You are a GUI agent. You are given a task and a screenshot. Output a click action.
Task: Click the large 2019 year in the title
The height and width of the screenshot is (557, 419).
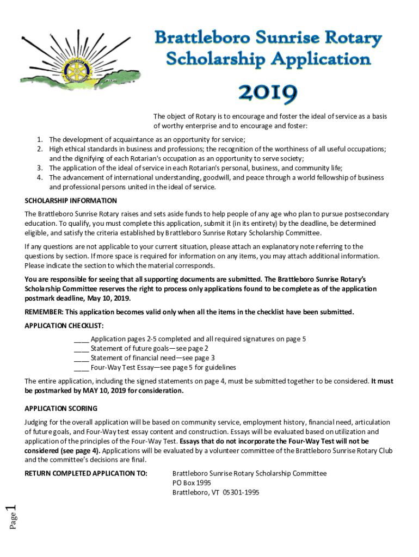tap(267, 94)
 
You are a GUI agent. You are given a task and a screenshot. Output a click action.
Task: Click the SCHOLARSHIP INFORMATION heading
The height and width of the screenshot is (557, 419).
tap(71, 201)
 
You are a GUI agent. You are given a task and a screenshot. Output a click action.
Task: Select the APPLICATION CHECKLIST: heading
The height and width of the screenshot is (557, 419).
tap(64, 325)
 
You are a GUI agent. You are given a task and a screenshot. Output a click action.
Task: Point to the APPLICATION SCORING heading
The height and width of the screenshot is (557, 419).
tap(61, 409)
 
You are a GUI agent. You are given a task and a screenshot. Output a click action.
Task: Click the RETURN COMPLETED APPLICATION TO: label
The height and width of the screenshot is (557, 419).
tap(86, 473)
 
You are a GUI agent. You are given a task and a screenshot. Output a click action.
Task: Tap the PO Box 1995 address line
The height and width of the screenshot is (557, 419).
tap(192, 483)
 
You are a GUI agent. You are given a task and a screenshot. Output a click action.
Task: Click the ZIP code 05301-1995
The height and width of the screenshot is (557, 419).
tap(241, 493)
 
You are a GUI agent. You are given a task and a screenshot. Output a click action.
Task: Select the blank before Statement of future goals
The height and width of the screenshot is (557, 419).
tap(81, 349)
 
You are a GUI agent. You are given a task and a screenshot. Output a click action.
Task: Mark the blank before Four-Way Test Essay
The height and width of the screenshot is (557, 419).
tap(81, 368)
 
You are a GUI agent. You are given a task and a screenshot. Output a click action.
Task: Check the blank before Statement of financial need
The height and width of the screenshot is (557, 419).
tap(81, 358)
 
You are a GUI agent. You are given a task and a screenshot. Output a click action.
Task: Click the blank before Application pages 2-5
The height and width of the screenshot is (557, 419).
tap(81, 339)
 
